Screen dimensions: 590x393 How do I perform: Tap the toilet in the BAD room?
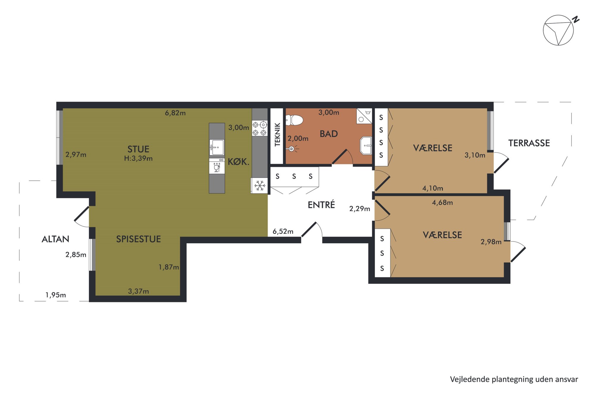click(294, 120)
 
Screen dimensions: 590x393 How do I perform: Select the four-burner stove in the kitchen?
click(260, 128)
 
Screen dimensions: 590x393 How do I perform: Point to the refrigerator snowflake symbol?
click(260, 186)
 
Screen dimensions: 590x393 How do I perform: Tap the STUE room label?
click(138, 149)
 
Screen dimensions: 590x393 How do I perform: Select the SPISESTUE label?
click(138, 239)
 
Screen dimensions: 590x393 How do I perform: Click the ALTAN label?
click(55, 239)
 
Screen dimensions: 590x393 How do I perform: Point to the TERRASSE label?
click(529, 143)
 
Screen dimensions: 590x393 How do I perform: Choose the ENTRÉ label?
click(321, 204)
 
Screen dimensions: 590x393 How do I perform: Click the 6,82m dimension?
click(175, 113)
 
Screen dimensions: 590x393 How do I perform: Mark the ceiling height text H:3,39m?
click(138, 158)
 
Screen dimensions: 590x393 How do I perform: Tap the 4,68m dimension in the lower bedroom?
click(442, 203)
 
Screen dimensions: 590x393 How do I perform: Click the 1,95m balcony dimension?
click(56, 295)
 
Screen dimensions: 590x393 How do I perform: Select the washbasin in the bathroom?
click(366, 146)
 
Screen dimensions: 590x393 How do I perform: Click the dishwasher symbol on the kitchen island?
click(217, 166)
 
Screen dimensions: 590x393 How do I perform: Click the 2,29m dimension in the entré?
click(360, 209)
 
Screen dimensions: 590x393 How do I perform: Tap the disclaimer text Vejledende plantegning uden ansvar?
click(514, 379)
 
